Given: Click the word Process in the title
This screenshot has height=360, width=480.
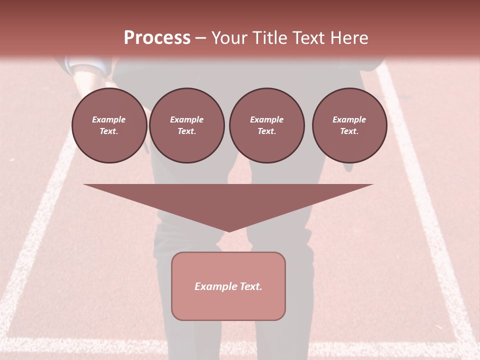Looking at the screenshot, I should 157,38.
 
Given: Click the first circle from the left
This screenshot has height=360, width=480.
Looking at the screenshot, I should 109,125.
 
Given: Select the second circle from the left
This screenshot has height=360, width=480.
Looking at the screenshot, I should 187,125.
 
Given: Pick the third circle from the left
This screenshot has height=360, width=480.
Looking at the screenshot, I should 266,125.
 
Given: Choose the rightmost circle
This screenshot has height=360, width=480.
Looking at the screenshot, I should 349,125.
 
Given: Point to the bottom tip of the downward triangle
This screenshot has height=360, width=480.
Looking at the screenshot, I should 228,231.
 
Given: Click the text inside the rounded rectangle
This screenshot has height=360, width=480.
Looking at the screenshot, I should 228,286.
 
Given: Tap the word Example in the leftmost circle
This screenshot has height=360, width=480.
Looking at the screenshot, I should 109,119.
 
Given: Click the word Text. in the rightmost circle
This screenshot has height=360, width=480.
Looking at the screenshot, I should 349,131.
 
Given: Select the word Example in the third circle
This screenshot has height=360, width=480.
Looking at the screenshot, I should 266,119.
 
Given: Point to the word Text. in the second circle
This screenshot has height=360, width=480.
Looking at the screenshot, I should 187,131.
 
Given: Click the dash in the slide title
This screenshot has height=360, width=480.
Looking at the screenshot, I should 201,38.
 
